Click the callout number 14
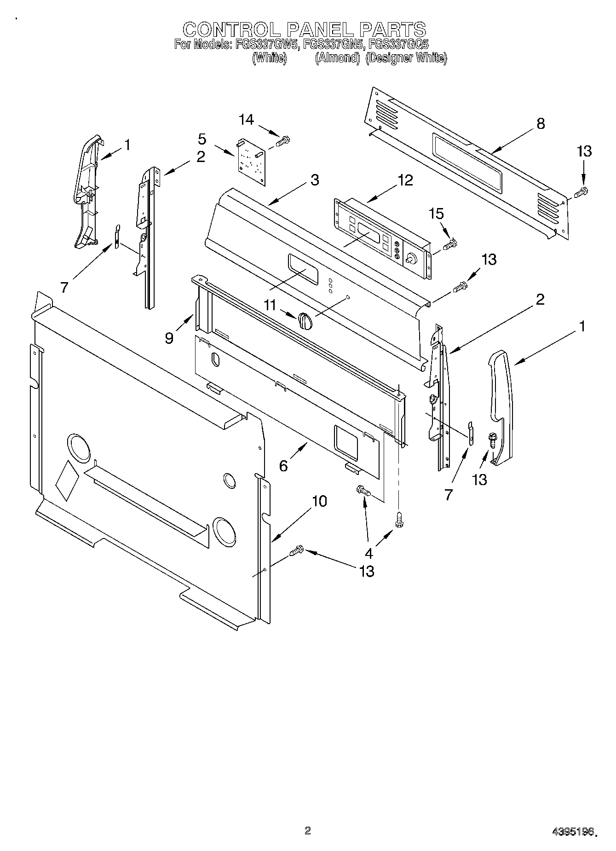coord(246,120)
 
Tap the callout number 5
coord(202,139)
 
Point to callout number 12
coord(405,180)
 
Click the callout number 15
coord(436,213)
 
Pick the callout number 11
coord(271,304)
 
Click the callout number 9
coord(169,338)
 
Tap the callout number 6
coord(283,466)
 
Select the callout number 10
coord(319,501)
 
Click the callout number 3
coord(314,179)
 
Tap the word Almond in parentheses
coord(337,58)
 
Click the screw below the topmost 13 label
coord(582,191)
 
